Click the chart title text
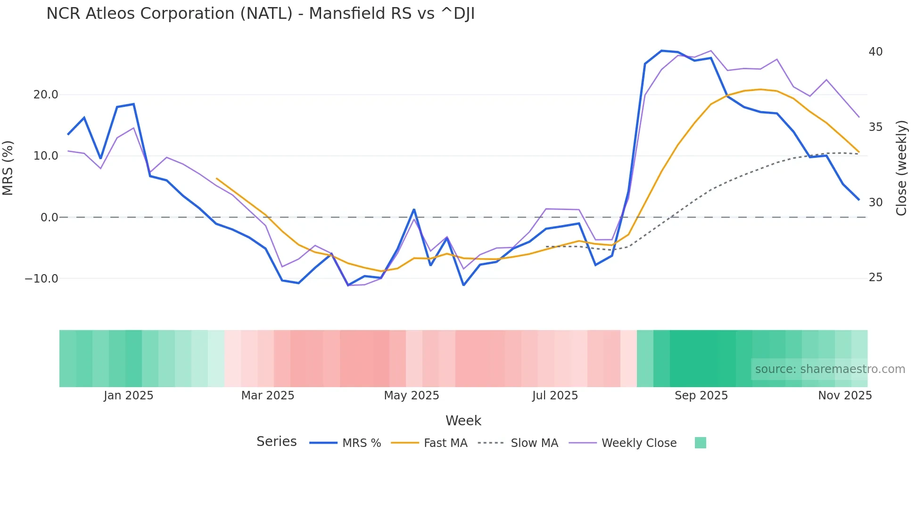coord(260,14)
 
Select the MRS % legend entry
coord(361,443)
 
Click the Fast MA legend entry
coord(445,443)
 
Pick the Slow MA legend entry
coord(534,443)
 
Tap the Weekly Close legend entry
coord(639,443)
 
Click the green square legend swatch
coord(700,443)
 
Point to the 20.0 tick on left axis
coord(46,95)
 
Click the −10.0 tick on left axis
coord(41,279)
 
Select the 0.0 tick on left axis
coord(49,218)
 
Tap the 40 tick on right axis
coord(875,52)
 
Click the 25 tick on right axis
coord(875,278)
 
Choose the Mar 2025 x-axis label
coord(268,396)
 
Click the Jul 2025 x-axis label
coord(555,396)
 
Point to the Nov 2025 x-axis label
coord(845,396)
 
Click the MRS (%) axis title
coord(8,168)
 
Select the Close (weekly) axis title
coord(901,168)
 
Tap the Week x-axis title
coord(463,421)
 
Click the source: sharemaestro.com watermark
coord(830,369)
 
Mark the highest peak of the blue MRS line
coord(661,50)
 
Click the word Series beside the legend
coord(276,442)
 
